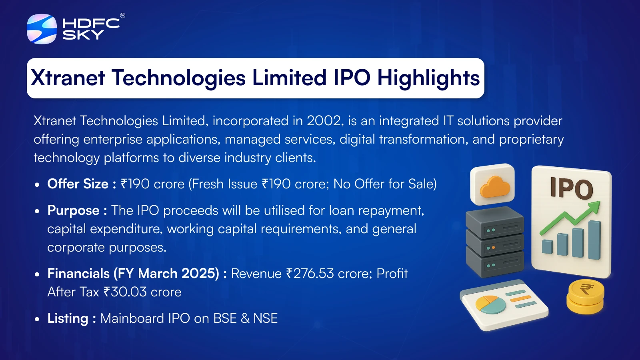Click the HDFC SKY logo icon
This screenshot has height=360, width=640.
[42, 29]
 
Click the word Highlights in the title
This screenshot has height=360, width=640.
[428, 78]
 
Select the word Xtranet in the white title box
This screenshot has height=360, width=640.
[68, 78]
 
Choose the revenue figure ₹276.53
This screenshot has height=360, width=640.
[310, 274]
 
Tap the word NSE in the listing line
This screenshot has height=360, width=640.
[266, 318]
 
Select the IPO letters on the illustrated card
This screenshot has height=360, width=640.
[572, 188]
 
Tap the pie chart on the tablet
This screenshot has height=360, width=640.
[490, 304]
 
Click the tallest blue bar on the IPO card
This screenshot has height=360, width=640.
[594, 240]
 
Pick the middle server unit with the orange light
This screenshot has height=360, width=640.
[495, 244]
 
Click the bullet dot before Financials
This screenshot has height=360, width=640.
[37, 274]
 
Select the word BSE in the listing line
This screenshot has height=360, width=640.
[225, 318]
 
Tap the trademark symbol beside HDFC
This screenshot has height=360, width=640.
[122, 16]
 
